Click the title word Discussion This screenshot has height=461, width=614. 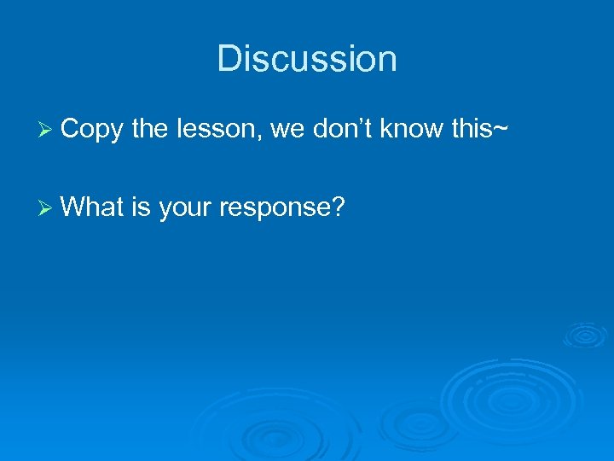(307, 59)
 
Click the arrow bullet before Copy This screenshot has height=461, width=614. (46, 130)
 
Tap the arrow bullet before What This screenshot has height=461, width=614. (46, 207)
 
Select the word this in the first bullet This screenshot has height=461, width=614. (478, 129)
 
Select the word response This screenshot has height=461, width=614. (275, 207)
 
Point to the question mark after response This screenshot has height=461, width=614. (338, 206)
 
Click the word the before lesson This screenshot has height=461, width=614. (150, 129)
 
